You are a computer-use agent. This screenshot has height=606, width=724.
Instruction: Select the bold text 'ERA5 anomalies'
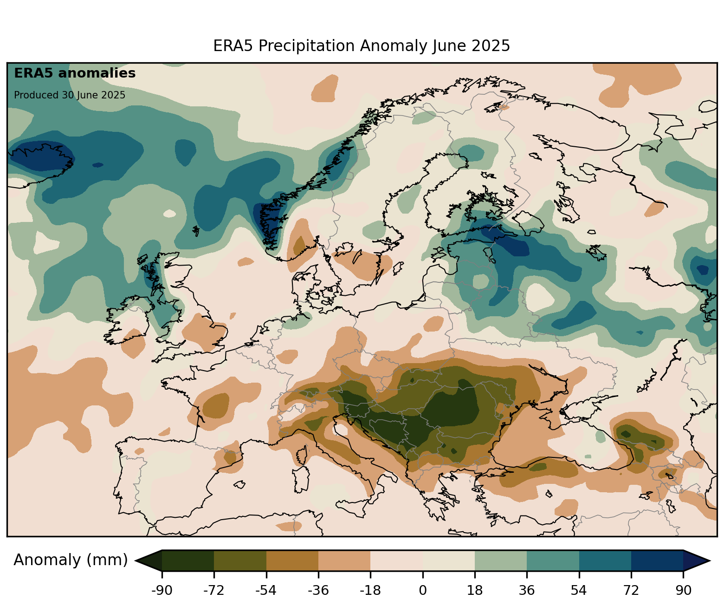tap(75, 73)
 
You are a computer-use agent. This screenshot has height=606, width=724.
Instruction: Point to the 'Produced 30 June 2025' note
tap(70, 95)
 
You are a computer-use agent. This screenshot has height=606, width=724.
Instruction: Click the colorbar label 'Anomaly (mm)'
tap(71, 560)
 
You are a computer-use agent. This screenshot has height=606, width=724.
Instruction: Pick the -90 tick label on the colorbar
tap(162, 591)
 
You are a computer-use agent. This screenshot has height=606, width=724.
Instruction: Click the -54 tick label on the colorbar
tap(266, 591)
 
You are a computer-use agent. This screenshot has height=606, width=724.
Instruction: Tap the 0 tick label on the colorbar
tap(422, 591)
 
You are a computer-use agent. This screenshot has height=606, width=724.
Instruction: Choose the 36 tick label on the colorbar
tap(527, 591)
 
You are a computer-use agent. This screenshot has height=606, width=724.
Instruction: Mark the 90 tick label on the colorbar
tap(683, 591)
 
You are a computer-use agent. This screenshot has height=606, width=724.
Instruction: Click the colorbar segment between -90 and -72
tap(188, 560)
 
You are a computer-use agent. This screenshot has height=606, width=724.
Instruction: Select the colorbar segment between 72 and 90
tap(657, 560)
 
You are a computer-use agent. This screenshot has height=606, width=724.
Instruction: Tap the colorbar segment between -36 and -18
tap(344, 560)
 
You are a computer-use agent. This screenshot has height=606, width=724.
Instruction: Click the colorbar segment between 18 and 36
tap(501, 560)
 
